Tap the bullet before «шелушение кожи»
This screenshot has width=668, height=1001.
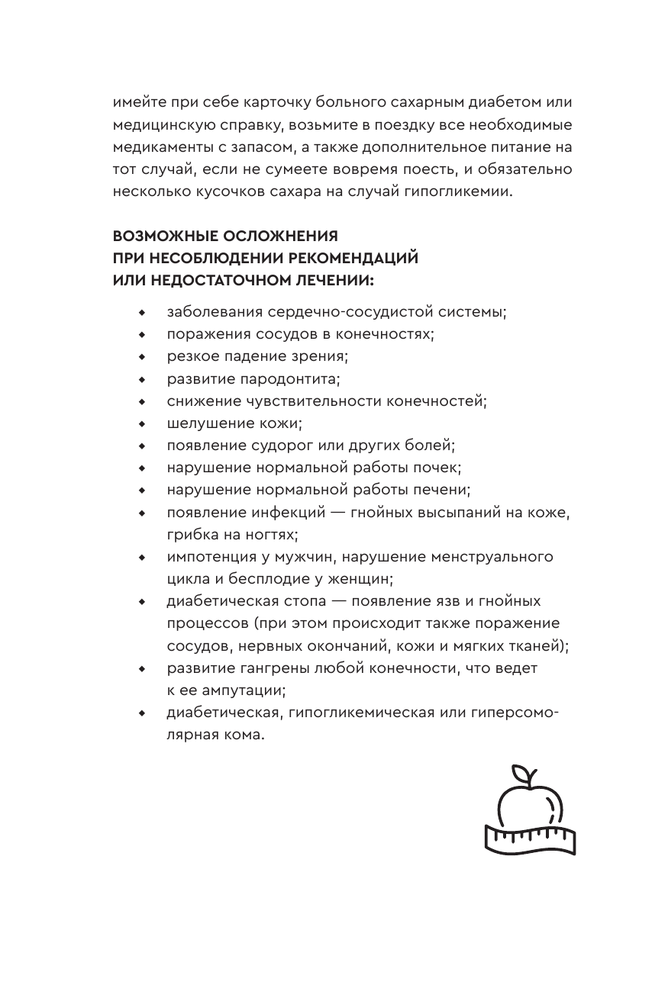point(141,423)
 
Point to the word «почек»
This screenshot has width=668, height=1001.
point(437,468)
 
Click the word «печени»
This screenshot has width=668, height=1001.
point(442,490)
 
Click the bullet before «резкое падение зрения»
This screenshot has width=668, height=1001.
point(141,357)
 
